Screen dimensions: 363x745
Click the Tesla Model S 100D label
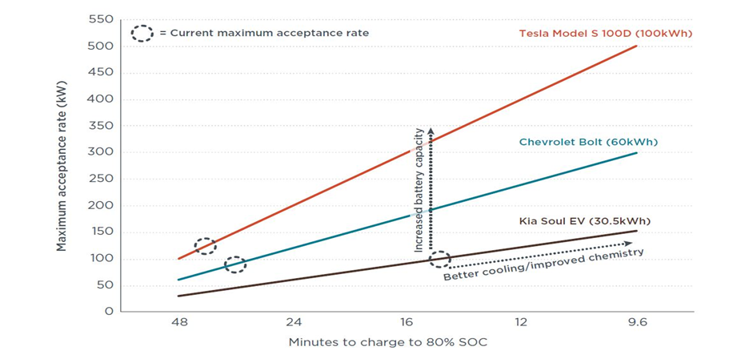click(x=605, y=33)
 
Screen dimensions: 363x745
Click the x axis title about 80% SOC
click(x=388, y=343)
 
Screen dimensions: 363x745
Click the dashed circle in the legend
click(x=142, y=34)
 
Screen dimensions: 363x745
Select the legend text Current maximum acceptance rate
click(x=264, y=34)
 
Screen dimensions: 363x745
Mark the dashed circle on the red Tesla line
click(x=206, y=246)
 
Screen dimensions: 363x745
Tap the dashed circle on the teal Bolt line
click(x=234, y=264)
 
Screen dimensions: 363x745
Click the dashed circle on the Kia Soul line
click(x=439, y=259)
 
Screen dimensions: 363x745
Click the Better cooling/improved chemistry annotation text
click(x=543, y=265)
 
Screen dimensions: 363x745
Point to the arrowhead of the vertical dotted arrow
click(x=431, y=131)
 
